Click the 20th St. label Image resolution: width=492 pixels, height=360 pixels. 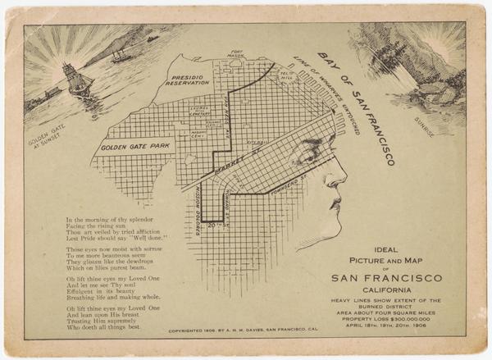(x=217, y=223)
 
